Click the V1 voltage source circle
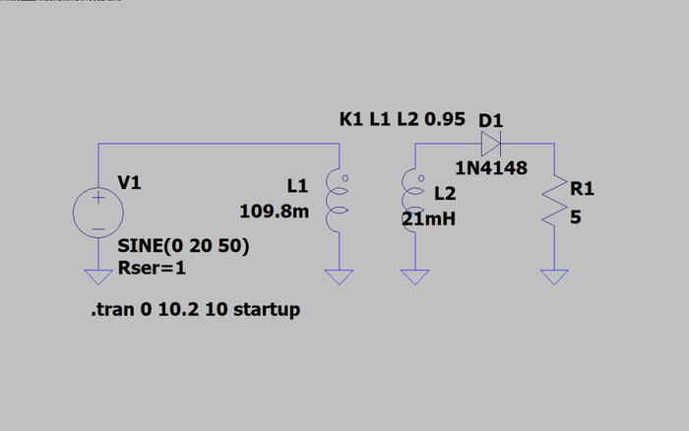coord(98,213)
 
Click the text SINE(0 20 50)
coord(182,246)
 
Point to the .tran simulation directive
coord(195,310)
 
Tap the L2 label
coord(445,194)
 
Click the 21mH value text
coord(429,219)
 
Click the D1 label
coord(491,120)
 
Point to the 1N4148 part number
coord(491,168)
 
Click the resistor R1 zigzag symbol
coord(556,203)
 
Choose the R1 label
coord(582,188)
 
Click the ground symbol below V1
coord(98,277)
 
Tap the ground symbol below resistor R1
coord(556,277)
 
